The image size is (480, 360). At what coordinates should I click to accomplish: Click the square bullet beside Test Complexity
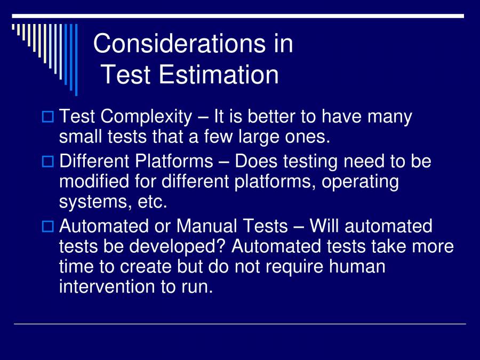tap(47, 117)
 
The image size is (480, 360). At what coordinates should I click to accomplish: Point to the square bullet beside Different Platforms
tap(47, 162)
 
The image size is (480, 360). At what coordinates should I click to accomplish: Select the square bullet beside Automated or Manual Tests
tap(47, 227)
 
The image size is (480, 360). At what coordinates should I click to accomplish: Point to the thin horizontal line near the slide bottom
tap(240, 324)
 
